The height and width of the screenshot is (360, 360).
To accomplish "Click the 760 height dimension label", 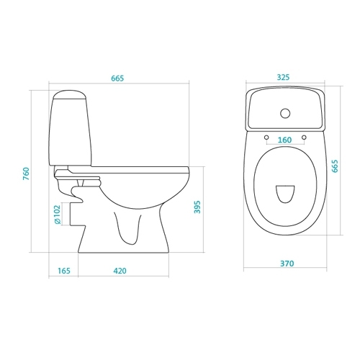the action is tap(26, 174).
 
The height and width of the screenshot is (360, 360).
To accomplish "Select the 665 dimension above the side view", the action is tap(117, 78).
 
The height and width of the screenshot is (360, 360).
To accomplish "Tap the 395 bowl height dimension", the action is tap(197, 207).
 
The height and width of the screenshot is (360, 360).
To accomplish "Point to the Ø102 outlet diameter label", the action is tap(58, 215).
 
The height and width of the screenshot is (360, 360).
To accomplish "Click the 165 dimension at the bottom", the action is tap(64, 271).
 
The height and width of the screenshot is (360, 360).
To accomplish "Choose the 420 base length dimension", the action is tap(120, 271).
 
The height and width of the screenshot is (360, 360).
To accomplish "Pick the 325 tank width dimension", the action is tap(283, 77).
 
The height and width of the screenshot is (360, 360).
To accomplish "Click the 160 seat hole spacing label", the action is tap(284, 140).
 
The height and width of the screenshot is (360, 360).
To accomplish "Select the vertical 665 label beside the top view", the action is tap(335, 166).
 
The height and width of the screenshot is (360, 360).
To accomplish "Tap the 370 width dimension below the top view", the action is tap(287, 264).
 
